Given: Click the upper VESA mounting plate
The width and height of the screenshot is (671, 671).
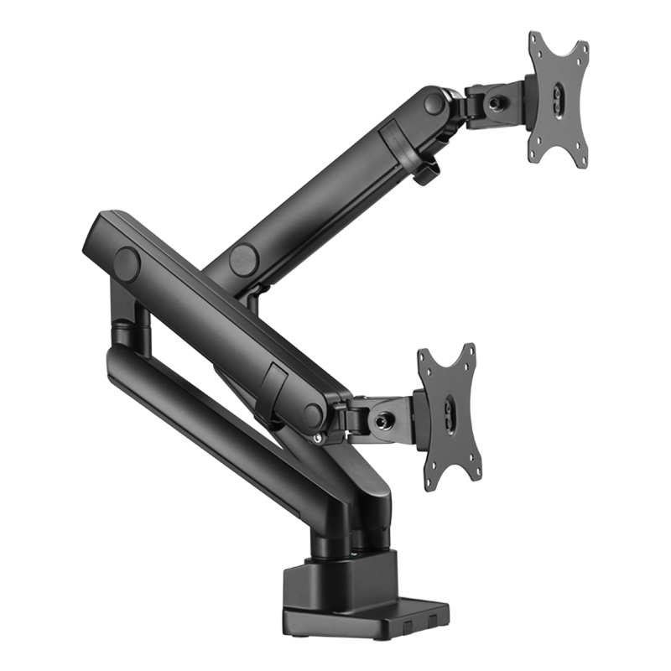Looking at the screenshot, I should pos(557,96).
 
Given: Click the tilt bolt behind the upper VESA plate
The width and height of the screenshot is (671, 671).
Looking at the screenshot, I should pos(496,101).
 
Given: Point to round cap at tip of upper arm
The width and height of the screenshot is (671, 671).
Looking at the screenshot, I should pos(434,104).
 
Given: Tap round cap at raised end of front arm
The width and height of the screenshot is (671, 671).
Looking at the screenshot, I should pos(127,263).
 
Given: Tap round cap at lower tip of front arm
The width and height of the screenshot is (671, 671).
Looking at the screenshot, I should pos(314,413).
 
